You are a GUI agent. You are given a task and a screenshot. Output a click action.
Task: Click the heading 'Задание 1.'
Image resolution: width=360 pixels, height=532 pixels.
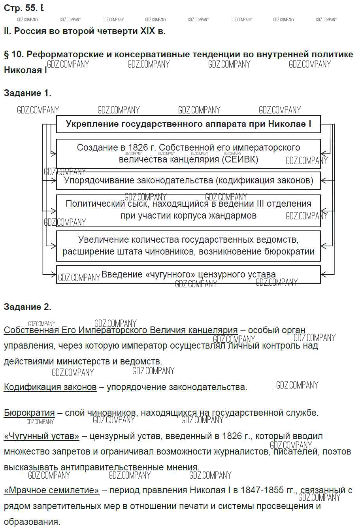point(27,93)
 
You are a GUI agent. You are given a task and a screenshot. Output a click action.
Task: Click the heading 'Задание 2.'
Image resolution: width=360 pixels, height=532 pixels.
point(27,307)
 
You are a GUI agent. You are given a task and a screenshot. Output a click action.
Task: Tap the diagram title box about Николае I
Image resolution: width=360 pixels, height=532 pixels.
point(188,124)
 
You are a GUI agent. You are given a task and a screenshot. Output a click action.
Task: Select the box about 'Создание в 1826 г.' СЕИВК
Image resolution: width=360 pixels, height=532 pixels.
point(188,153)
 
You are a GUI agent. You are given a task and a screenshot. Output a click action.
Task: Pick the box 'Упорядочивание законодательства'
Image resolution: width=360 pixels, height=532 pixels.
point(188,181)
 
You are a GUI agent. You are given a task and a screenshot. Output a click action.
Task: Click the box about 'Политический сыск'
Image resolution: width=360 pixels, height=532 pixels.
point(188,210)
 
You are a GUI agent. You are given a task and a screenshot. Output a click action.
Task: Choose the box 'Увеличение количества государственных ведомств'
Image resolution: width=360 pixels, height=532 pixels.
point(188,245)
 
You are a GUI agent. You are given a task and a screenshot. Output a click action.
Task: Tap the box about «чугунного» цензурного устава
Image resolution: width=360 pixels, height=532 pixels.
point(188,274)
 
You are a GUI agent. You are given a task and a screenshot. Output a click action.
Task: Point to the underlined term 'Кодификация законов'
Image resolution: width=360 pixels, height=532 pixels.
point(50,387)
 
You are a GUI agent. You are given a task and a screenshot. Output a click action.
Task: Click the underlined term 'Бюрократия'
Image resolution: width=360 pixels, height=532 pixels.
point(29,413)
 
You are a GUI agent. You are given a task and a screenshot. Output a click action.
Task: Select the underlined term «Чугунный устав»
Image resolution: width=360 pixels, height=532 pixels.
point(41,436)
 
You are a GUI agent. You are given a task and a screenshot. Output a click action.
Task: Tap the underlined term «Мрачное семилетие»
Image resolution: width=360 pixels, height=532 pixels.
point(51,490)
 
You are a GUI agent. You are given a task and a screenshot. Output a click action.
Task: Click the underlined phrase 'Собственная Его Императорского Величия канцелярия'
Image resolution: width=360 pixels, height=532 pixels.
point(121,330)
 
